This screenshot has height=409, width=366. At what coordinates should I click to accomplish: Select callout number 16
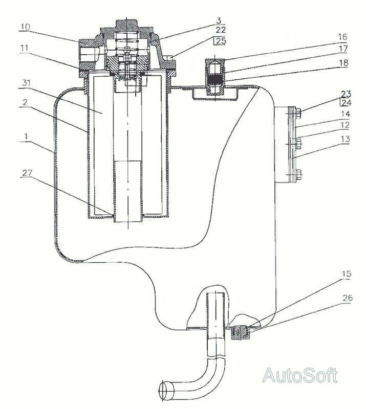[x=342, y=37]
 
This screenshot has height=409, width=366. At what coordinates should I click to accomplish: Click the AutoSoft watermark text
[x=300, y=376]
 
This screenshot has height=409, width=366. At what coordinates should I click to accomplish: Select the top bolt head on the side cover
[x=297, y=110]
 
